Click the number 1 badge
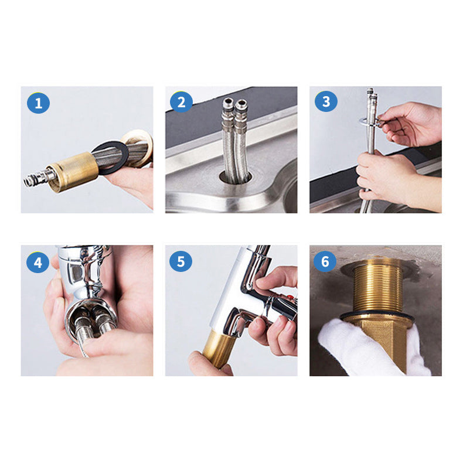click(39, 104)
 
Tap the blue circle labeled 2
click(181, 103)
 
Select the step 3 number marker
click(326, 102)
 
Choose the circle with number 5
click(181, 261)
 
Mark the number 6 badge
click(326, 261)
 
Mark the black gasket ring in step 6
click(375, 318)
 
